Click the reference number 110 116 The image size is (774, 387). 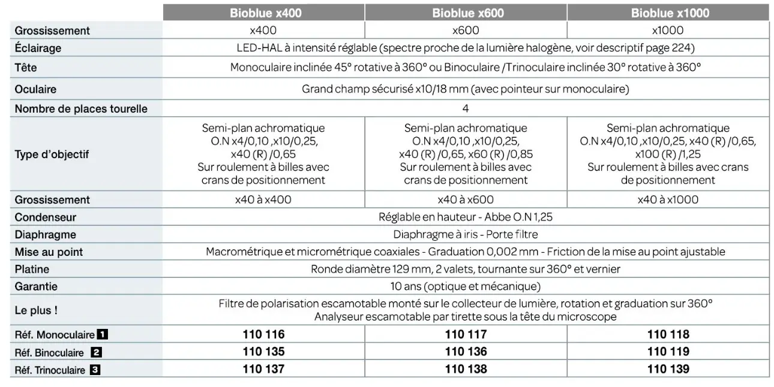(263, 335)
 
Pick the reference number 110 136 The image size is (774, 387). (466, 352)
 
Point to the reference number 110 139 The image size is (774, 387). (668, 370)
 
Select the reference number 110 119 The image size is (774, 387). (668, 352)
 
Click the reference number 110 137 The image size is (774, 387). (263, 370)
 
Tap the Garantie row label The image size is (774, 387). (36, 286)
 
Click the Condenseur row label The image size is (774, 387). (46, 217)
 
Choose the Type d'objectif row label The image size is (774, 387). (52, 154)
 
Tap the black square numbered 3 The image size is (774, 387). (95, 370)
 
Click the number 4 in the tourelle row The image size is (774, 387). (466, 109)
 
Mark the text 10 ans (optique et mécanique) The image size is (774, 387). (466, 286)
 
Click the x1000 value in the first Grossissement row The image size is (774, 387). (668, 31)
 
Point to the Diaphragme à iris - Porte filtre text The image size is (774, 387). (466, 235)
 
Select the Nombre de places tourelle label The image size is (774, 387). (81, 109)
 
